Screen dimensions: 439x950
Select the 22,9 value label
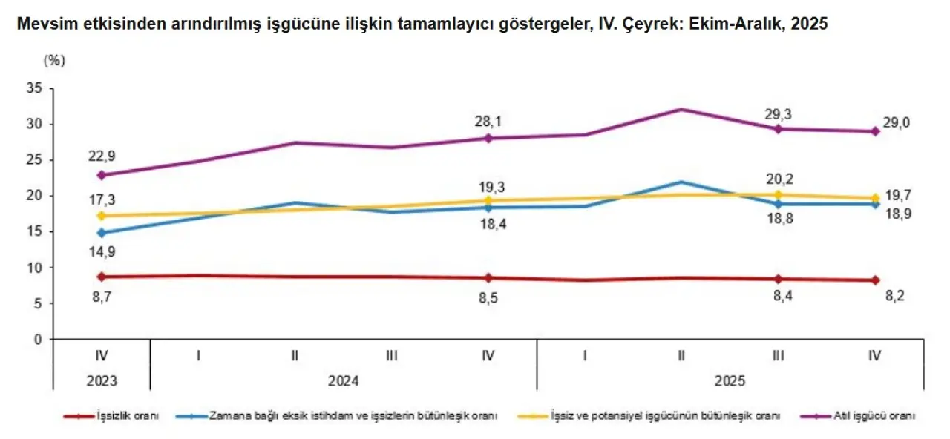click(101, 156)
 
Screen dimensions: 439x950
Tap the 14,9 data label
click(101, 252)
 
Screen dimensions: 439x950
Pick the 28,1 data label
click(488, 119)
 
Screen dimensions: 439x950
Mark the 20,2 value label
click(778, 177)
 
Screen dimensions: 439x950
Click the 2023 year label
click(101, 382)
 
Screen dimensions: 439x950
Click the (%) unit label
click(55, 61)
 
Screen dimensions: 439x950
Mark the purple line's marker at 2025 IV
click(875, 131)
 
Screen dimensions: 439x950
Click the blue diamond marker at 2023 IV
click(101, 233)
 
